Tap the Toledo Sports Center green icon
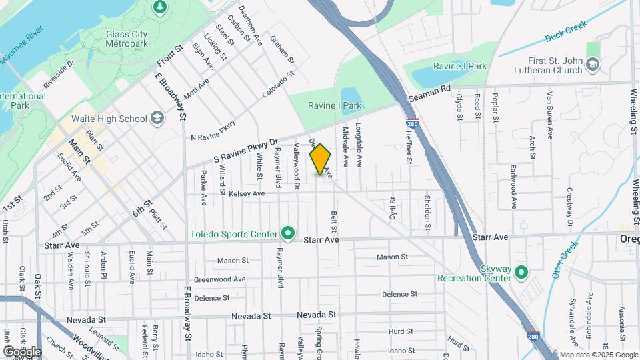288,233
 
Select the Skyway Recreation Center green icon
521,273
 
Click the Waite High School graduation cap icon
157,119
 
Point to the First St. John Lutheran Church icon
593,64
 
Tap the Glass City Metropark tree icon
159,7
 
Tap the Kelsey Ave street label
247,194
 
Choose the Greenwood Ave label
219,279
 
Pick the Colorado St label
278,86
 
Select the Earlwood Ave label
513,179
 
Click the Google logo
22,351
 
